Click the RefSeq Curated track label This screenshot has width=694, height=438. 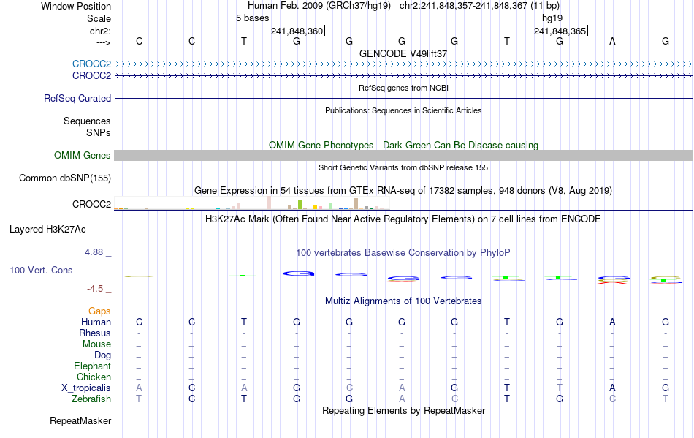click(x=77, y=98)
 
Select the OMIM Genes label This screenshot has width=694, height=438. click(x=83, y=155)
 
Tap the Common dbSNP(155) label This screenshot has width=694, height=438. click(x=65, y=178)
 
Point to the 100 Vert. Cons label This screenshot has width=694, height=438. click(x=41, y=270)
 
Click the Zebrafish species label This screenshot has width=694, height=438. click(x=91, y=399)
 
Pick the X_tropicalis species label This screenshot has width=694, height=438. click(x=86, y=388)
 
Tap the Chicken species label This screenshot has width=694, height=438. click(x=94, y=377)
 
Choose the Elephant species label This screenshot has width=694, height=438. click(x=92, y=366)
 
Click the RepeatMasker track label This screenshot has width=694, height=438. click(x=80, y=420)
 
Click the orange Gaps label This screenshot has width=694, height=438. click(x=99, y=311)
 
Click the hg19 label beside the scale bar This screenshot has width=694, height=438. click(x=552, y=18)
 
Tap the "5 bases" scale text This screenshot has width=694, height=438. click(x=252, y=18)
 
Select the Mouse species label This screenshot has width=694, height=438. click(x=97, y=344)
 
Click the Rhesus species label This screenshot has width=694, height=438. click(x=95, y=333)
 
